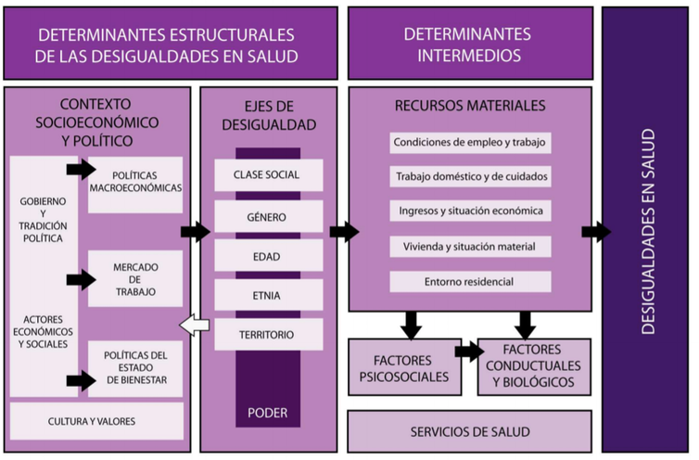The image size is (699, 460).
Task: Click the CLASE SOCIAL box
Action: click(269, 175)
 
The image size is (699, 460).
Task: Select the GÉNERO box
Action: click(269, 216)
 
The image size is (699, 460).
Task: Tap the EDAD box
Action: click(269, 256)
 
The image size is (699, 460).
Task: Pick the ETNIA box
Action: click(269, 296)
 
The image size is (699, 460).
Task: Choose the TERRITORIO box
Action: click(269, 335)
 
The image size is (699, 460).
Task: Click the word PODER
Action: click(269, 413)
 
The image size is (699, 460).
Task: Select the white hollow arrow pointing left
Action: click(194, 325)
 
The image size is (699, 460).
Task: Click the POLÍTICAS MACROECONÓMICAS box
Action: click(135, 181)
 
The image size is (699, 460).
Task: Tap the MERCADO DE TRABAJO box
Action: click(135, 279)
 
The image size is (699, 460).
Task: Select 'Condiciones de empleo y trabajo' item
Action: click(471, 143)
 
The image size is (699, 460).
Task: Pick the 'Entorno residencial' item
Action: click(471, 281)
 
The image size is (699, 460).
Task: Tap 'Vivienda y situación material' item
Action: click(471, 247)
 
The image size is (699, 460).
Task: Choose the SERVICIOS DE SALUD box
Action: click(469, 432)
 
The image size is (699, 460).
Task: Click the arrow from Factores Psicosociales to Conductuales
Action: click(469, 351)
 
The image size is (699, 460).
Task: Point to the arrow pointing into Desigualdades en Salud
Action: click(596, 232)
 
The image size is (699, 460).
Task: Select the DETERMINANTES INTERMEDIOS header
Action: click(469, 44)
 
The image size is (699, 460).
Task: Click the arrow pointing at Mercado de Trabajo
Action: click(82, 278)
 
